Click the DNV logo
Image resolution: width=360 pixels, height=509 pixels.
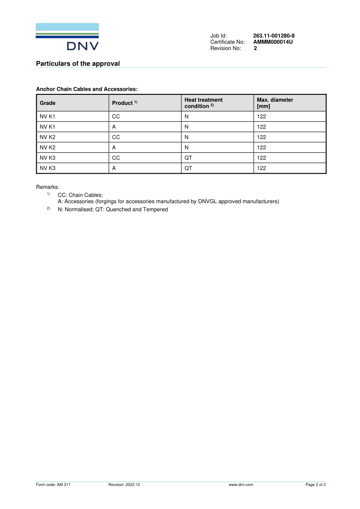[67, 37]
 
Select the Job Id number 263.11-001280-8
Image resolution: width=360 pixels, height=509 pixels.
[274, 36]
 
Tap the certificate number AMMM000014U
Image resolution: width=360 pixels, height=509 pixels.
[273, 42]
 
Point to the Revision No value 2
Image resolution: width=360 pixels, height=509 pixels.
[256, 48]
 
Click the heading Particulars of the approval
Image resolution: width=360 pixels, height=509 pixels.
[77, 64]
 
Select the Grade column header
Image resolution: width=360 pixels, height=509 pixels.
[47, 103]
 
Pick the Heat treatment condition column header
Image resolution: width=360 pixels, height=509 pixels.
[203, 103]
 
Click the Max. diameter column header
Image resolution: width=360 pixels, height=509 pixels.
[275, 103]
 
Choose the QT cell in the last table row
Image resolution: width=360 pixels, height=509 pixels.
[188, 168]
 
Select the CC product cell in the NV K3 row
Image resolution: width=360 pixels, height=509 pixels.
[116, 158]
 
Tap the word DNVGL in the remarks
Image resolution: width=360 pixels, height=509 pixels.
[206, 201]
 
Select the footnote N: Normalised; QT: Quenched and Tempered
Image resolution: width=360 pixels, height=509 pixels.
[112, 209]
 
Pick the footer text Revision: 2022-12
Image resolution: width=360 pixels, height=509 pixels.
[124, 484]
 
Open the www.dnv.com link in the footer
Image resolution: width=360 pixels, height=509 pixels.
[241, 484]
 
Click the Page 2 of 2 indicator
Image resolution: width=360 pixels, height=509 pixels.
[316, 484]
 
